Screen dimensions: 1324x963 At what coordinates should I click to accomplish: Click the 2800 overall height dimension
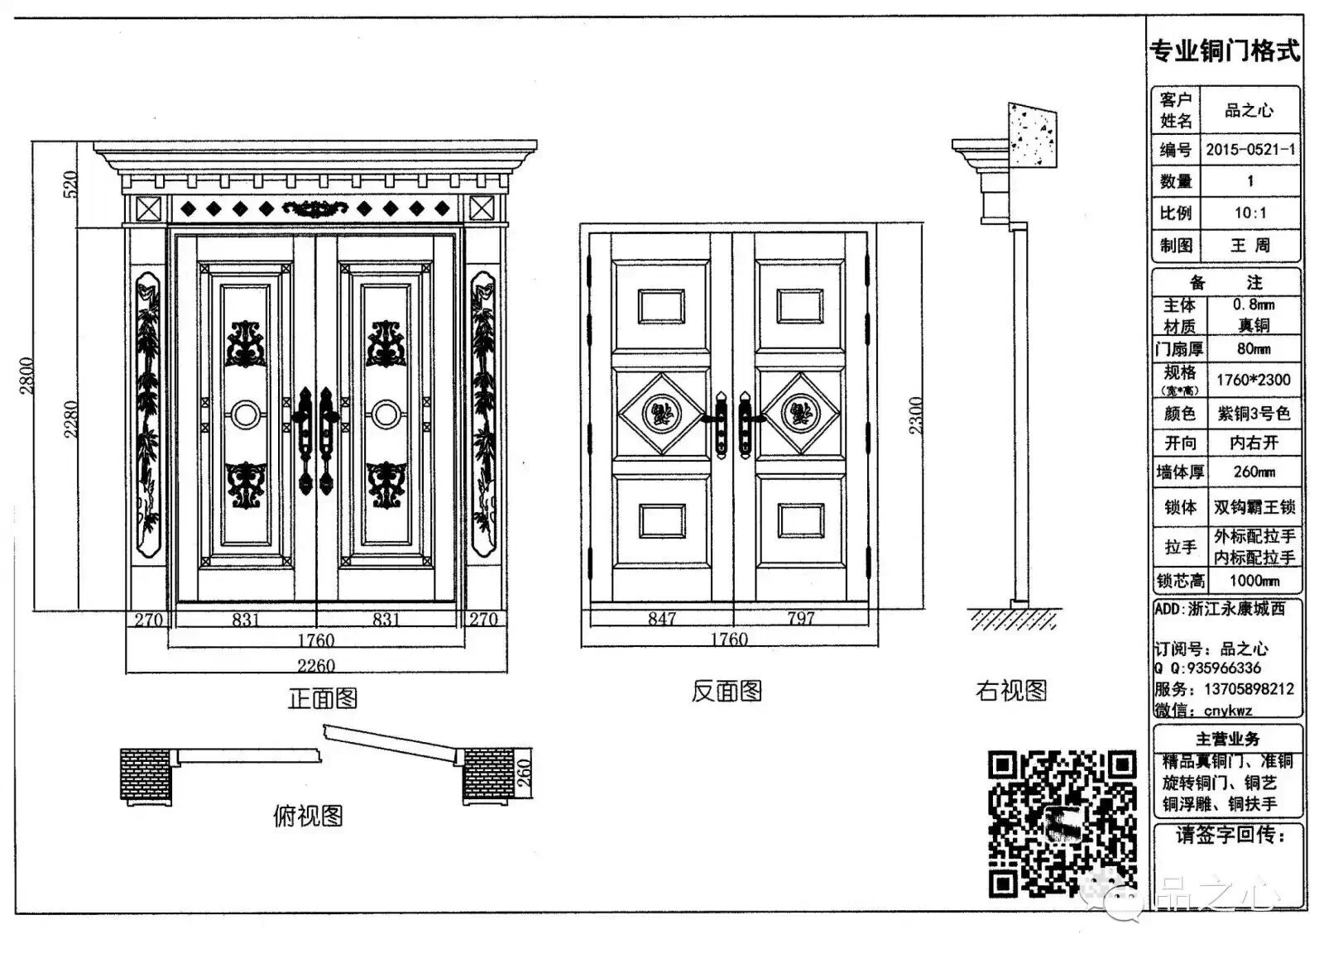(x=26, y=376)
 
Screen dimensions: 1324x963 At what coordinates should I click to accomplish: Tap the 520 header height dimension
(x=70, y=184)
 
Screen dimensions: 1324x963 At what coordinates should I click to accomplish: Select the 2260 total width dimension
(x=316, y=665)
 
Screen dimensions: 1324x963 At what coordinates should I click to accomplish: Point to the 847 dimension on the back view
(x=662, y=618)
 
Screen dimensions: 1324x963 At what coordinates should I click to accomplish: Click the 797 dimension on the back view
(x=800, y=618)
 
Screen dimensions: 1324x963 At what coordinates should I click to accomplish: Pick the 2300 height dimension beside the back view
(x=916, y=415)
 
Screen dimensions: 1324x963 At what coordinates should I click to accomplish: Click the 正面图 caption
(x=323, y=698)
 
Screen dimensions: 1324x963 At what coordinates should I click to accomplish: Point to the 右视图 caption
(x=1011, y=690)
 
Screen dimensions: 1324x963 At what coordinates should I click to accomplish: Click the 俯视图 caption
(x=308, y=816)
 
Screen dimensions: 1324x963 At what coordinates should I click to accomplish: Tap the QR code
(x=1062, y=823)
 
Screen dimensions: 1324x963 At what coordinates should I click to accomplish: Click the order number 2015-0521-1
(x=1250, y=150)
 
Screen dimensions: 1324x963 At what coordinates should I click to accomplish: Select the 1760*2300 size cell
(x=1253, y=380)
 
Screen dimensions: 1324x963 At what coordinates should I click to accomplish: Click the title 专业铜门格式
(x=1225, y=50)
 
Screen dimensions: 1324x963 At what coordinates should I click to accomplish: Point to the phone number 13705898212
(x=1242, y=688)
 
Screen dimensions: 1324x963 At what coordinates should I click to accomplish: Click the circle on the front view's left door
(x=245, y=414)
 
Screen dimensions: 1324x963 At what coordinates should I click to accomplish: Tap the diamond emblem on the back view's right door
(x=801, y=412)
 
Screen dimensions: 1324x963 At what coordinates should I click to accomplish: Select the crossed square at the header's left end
(x=148, y=208)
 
